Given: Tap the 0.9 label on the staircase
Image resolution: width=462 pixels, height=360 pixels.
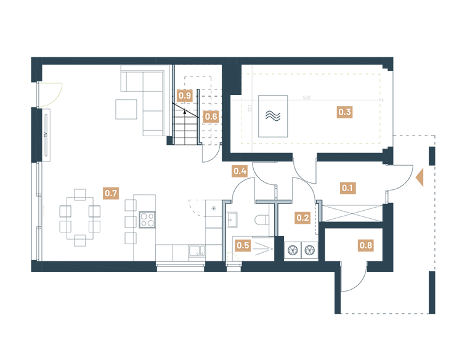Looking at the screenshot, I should [184, 96].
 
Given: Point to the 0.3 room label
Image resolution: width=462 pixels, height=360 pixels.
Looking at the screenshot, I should [344, 112].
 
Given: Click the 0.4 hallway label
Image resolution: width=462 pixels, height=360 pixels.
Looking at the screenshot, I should [240, 171].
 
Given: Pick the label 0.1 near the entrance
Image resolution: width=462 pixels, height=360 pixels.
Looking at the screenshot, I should [348, 187].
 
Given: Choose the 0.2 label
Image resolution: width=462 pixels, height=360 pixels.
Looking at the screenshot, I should [302, 217].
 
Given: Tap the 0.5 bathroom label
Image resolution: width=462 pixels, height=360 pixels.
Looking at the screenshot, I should [243, 245].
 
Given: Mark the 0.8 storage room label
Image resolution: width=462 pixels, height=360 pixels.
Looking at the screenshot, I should [365, 246].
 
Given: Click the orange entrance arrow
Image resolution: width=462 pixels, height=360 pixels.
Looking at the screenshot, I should [420, 178].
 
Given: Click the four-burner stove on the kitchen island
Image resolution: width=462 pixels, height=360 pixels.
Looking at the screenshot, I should [147, 219].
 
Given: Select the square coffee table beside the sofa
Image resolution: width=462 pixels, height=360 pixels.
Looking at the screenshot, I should [127, 108].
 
